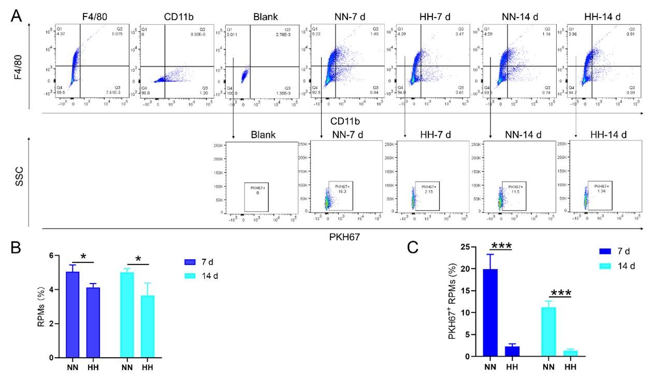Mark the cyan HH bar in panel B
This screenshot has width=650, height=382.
pyautogui.click(x=148, y=327)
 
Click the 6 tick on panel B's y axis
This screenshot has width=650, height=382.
pyautogui.click(x=57, y=256)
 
